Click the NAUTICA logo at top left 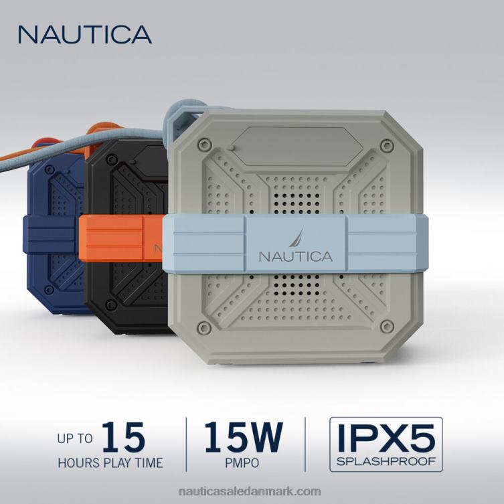[x=85, y=34]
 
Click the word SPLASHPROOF [x=385, y=461]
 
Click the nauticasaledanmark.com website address [x=252, y=491]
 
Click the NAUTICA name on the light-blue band [x=295, y=256]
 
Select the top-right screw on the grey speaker [x=385, y=145]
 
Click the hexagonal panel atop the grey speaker [x=295, y=144]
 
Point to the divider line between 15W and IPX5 [x=305, y=442]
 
